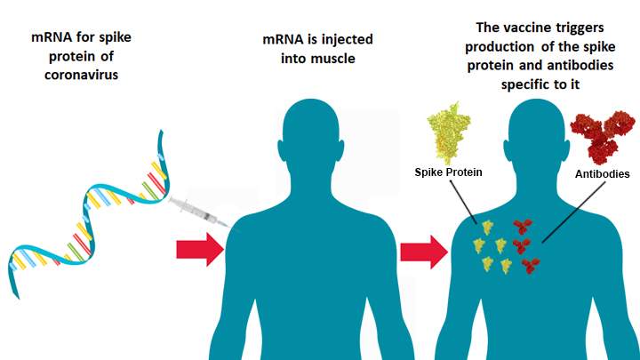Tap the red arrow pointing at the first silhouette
[x=201, y=248]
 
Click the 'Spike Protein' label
[x=449, y=172]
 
